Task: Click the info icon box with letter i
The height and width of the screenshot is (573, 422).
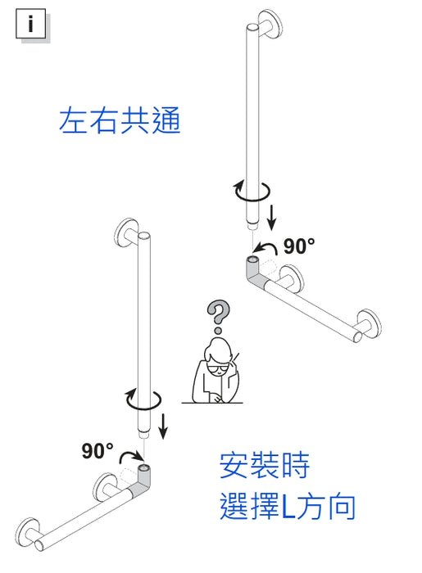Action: [31, 24]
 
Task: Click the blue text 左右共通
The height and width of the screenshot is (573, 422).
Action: [119, 120]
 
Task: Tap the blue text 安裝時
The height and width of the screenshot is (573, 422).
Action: [264, 467]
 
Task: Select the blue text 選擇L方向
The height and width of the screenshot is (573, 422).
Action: [288, 507]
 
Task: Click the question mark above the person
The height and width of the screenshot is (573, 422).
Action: [218, 314]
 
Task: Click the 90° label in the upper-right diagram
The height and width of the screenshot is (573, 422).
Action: [299, 246]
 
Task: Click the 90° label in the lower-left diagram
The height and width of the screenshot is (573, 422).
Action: [98, 451]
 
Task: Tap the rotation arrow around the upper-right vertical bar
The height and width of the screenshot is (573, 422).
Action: [252, 191]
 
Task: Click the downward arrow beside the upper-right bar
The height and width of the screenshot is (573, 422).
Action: [273, 217]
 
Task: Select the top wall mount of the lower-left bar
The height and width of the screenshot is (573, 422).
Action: [128, 232]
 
